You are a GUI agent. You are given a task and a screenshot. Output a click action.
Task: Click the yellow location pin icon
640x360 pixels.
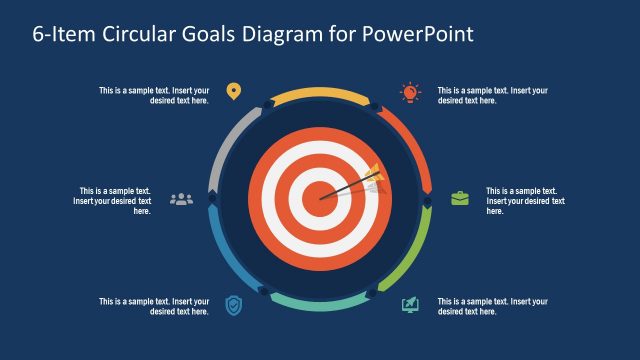point(233,92)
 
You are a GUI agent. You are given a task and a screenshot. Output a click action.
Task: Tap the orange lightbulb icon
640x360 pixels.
point(410,92)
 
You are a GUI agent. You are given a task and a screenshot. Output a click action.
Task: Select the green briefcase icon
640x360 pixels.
point(459,198)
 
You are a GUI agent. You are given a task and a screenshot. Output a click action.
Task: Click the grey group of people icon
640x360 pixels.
point(181,198)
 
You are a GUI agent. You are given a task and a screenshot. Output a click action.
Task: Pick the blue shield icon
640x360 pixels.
point(233,304)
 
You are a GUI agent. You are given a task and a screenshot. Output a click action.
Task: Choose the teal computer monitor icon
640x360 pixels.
point(410,304)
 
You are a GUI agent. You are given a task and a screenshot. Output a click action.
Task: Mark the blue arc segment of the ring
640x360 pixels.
point(229,251)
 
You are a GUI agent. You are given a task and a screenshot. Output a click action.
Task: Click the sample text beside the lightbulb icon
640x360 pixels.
point(493,95)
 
